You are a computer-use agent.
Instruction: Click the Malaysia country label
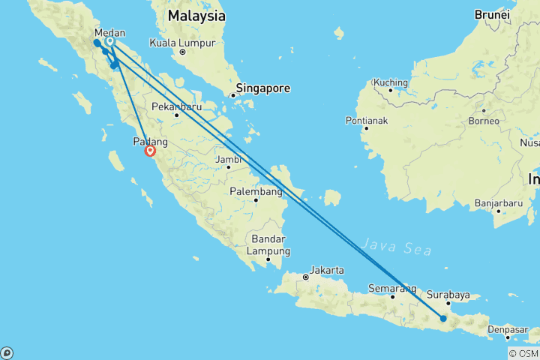pyautogui.click(x=196, y=15)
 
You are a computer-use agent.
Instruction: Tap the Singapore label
pyautogui.click(x=263, y=88)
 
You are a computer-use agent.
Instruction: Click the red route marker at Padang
pyautogui.click(x=150, y=151)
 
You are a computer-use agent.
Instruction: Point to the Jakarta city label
pyautogui.click(x=328, y=270)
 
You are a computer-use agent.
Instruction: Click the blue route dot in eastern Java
pyautogui.click(x=443, y=319)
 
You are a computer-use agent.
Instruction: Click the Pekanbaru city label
pyautogui.click(x=176, y=106)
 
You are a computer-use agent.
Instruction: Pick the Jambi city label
pyautogui.click(x=227, y=159)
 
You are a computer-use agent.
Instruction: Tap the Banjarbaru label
pyautogui.click(x=497, y=202)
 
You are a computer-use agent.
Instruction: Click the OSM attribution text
pyautogui.click(x=523, y=353)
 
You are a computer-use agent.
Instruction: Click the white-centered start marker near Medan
pyautogui.click(x=110, y=42)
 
